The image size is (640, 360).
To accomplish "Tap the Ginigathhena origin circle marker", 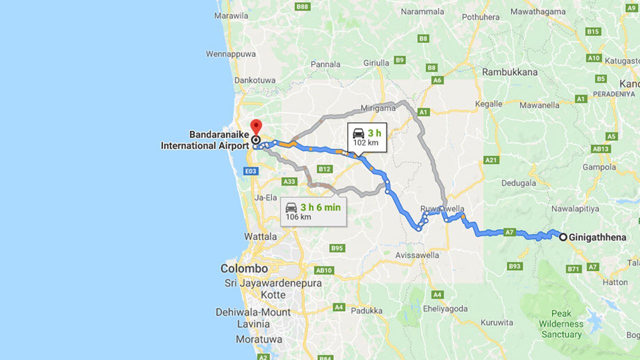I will pyautogui.click(x=563, y=237).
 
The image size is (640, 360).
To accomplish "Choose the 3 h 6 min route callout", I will pyautogui.click(x=312, y=211).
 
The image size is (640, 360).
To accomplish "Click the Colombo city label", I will pyautogui.click(x=244, y=268).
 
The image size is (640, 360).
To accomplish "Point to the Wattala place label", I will pyautogui.click(x=260, y=236).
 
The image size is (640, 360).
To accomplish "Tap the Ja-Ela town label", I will pyautogui.click(x=265, y=197).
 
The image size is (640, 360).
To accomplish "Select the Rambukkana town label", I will pyautogui.click(x=509, y=72).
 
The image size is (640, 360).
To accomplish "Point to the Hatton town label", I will pyautogui.click(x=614, y=282).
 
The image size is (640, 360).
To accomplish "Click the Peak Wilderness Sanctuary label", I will pyautogui.click(x=561, y=324).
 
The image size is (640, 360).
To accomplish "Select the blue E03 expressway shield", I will pyautogui.click(x=251, y=171).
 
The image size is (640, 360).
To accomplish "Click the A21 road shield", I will pyautogui.click(x=491, y=160).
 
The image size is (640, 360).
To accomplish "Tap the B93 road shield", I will pyautogui.click(x=514, y=266).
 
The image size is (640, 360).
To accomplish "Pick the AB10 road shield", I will pyautogui.click(x=324, y=270).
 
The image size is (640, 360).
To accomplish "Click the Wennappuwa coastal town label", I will pyautogui.click(x=230, y=53).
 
